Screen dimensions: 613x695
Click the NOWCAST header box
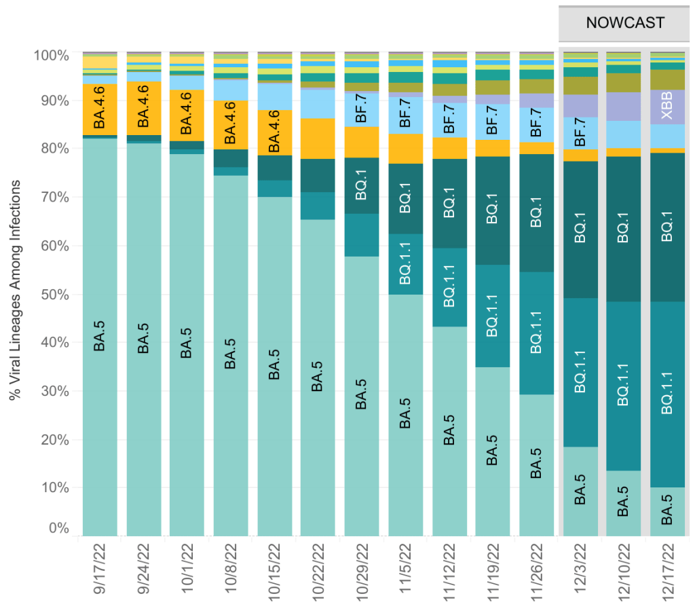pyautogui.click(x=624, y=24)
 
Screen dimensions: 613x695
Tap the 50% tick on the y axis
pyautogui.click(x=51, y=294)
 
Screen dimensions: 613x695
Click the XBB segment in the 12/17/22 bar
pyautogui.click(x=669, y=107)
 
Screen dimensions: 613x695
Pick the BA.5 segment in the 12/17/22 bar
pyautogui.click(x=669, y=511)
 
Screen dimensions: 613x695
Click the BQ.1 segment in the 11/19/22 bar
pyautogui.click(x=493, y=210)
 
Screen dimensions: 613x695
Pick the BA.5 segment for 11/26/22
pyautogui.click(x=537, y=465)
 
